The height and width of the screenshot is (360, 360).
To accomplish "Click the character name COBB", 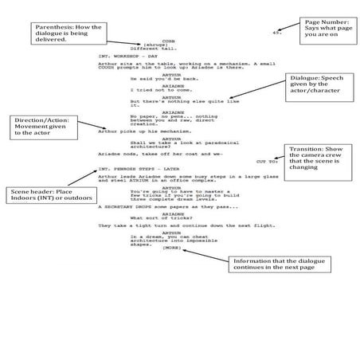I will [168, 40].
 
